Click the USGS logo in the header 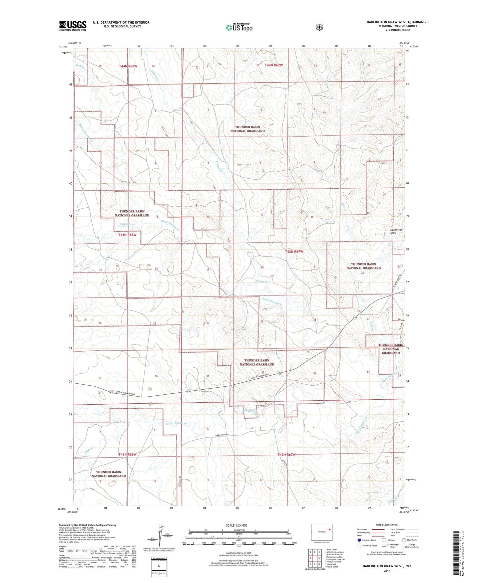tap(73, 25)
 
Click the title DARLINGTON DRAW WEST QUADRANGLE tap(398, 22)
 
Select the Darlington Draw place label tap(396, 231)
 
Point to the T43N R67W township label tap(294, 251)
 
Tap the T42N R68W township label tap(127, 454)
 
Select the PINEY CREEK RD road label tap(222, 435)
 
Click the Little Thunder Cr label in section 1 tap(176, 423)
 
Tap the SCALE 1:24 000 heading tap(236, 525)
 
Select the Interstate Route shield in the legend tap(359, 540)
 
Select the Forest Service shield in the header tap(319, 27)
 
